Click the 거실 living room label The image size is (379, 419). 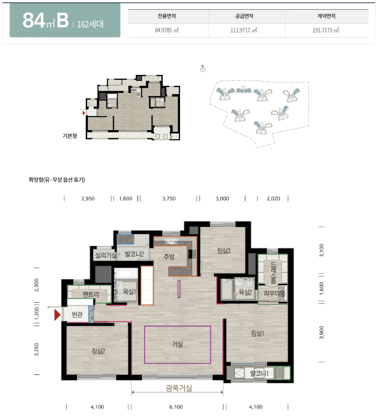tap(177, 344)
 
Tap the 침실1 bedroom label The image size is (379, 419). tap(257, 333)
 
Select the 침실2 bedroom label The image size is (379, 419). tap(98, 351)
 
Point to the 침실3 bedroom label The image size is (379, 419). tap(224, 251)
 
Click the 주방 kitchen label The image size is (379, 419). tap(169, 257)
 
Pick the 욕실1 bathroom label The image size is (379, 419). tap(129, 292)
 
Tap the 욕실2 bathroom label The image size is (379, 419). tap(245, 292)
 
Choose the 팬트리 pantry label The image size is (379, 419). tap(91, 294)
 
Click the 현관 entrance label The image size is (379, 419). tap(77, 314)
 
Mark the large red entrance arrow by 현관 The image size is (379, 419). tap(57, 315)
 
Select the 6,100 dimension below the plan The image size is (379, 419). tap(176, 407)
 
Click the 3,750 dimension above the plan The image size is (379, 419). tap(169, 198)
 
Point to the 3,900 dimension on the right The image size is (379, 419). tap(322, 333)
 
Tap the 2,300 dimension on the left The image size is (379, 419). tap(37, 285)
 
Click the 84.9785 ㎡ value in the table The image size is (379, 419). tap(167, 30)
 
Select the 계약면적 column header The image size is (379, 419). tap(326, 16)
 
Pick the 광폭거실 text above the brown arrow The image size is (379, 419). tap(179, 388)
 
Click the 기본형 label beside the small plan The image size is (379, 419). tap(70, 136)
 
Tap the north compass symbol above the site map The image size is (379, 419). tap(203, 69)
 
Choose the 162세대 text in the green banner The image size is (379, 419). tap(90, 24)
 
